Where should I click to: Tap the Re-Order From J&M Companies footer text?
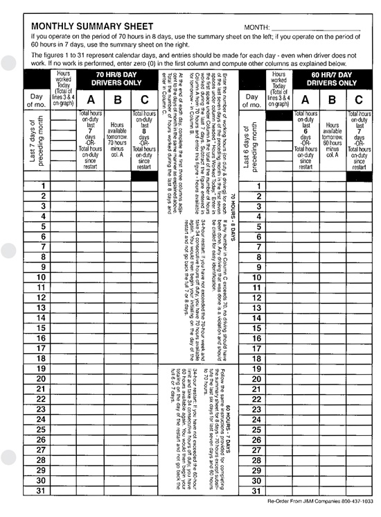[x=322, y=501]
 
